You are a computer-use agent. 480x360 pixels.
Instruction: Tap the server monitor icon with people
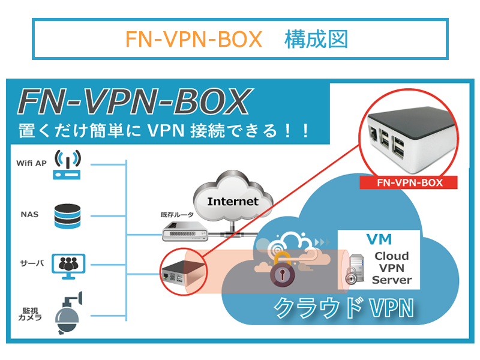pyautogui.click(x=68, y=265)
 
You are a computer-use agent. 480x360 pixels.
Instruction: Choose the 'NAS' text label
pyautogui.click(x=29, y=214)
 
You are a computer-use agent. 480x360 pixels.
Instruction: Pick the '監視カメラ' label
pyautogui.click(x=32, y=314)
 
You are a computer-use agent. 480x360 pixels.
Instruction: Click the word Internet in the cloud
pyautogui.click(x=232, y=201)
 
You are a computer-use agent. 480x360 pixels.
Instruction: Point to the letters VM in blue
pyautogui.click(x=380, y=239)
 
